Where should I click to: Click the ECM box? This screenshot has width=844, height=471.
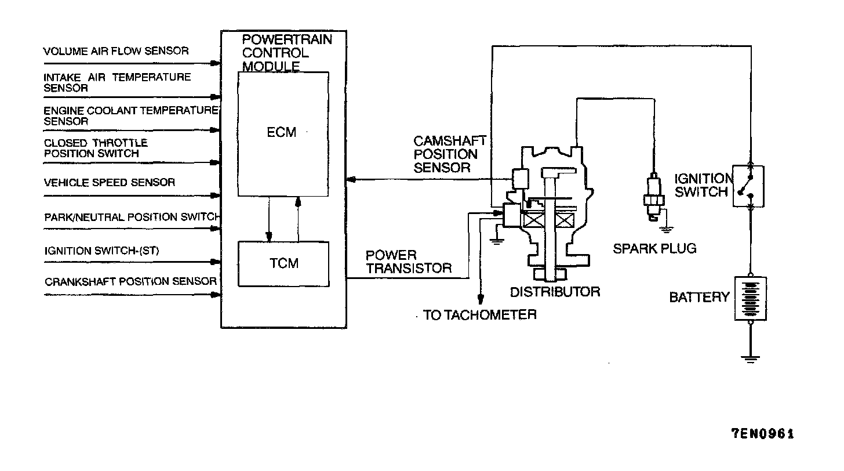(x=283, y=133)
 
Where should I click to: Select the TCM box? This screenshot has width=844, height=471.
(x=283, y=264)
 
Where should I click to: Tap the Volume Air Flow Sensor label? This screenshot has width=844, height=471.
(x=116, y=51)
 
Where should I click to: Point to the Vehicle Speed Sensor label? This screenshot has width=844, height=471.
(x=110, y=183)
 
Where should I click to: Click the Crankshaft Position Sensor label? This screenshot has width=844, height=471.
(x=131, y=282)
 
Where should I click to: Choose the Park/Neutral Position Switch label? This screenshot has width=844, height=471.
(x=132, y=218)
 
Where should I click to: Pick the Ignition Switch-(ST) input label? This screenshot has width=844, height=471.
(x=102, y=251)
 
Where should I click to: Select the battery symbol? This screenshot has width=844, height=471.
(x=751, y=298)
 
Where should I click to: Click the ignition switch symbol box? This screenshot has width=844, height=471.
(x=748, y=186)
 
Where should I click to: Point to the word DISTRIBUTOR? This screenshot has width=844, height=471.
(x=555, y=292)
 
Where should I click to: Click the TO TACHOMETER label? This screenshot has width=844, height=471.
(x=480, y=315)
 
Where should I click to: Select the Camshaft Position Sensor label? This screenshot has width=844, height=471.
(x=449, y=155)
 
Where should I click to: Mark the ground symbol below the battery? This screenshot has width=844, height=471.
(x=751, y=358)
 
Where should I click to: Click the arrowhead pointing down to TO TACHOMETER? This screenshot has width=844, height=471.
(x=480, y=299)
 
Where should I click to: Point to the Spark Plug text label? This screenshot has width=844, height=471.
(x=654, y=249)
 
